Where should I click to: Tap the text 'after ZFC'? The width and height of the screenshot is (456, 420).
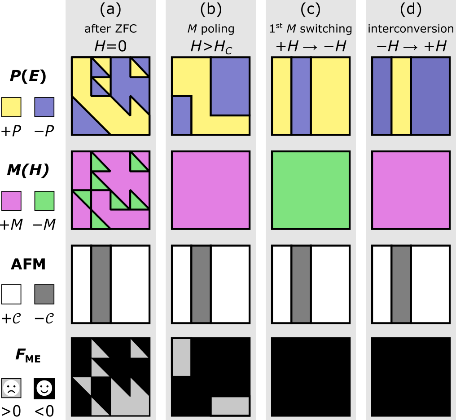[110, 29]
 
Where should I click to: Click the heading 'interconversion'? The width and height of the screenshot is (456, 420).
[411, 29]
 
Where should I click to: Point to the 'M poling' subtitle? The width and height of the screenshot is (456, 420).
[210, 29]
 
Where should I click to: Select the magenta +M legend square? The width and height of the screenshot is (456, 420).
[12, 200]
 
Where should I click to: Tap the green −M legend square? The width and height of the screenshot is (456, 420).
[44, 200]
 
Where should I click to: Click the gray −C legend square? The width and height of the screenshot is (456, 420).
[44, 294]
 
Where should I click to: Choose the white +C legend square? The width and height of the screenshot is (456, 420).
[12, 294]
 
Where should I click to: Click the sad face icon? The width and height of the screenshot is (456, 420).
[12, 389]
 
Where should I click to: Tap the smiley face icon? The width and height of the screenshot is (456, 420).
[44, 389]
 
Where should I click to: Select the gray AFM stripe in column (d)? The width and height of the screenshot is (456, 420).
[401, 284]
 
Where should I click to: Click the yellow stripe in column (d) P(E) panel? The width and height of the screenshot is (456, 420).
[401, 97]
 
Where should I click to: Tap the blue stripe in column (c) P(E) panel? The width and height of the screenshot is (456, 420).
[301, 97]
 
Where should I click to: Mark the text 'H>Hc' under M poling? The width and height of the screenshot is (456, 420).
[210, 46]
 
